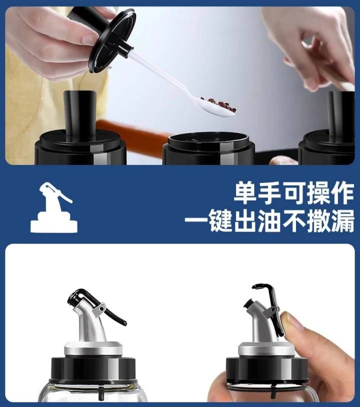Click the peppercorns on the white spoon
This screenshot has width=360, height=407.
[x=219, y=103]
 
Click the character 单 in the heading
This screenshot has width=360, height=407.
[x=246, y=193]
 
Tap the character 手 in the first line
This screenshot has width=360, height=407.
[x=270, y=193]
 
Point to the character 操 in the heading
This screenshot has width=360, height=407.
[x=318, y=193]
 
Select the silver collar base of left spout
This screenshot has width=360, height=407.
[x=93, y=348]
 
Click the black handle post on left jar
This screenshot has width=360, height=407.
[x=79, y=114]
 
